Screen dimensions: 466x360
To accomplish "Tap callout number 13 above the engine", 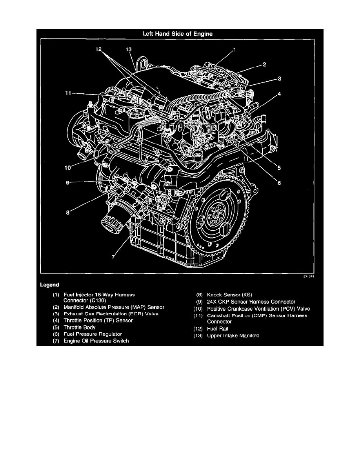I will coord(129,49).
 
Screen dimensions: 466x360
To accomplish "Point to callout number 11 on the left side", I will coord(69,93).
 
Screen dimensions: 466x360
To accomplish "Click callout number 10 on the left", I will coord(67,167).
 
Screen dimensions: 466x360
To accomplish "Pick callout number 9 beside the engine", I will coord(67,182).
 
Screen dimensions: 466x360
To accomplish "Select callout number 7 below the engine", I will coord(113,257).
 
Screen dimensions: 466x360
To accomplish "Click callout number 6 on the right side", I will coord(279,183).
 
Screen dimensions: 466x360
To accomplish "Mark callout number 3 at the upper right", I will coord(279,79).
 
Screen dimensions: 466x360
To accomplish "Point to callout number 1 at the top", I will coord(235,50).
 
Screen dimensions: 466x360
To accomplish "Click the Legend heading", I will coord(49,284).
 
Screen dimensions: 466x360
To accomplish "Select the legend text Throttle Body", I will coord(79,327).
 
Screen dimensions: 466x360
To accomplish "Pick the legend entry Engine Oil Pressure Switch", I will coord(96,341).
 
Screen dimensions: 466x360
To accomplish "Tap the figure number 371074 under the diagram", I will coord(309,276).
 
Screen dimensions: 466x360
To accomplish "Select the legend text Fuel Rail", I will coord(218,329).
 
